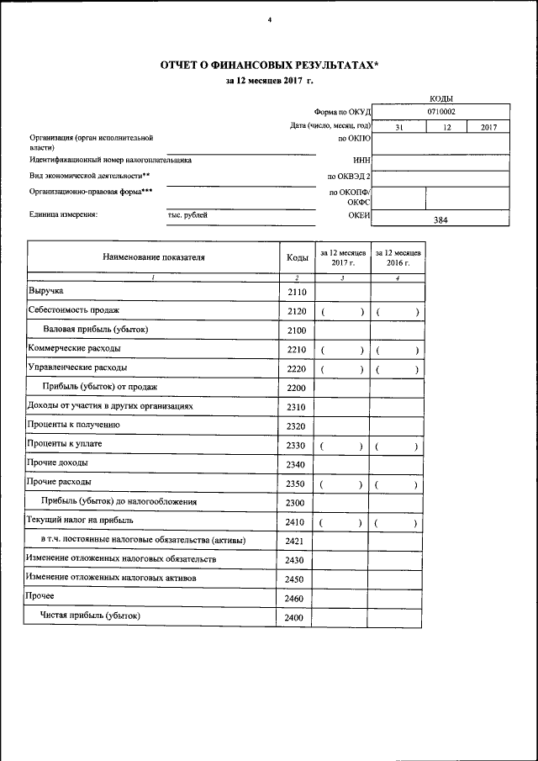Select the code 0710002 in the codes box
441,110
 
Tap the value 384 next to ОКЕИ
440,220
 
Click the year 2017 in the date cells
489,127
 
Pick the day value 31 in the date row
400,127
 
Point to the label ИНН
361,158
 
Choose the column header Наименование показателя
153,257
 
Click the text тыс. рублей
187,215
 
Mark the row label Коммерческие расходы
74,347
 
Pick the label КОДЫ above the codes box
441,98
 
